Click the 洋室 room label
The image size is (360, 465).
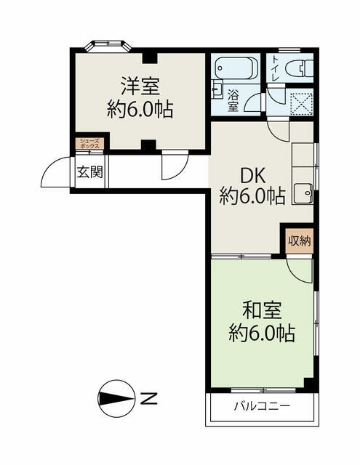(140, 86)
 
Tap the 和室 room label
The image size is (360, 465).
(262, 310)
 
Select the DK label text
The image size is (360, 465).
(252, 177)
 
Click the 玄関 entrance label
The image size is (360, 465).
(89, 171)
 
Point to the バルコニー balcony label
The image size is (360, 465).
(262, 405)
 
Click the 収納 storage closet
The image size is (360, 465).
(300, 240)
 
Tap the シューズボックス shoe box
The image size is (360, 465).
(89, 144)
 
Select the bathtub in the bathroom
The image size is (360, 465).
(236, 68)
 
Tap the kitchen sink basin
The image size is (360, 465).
(303, 193)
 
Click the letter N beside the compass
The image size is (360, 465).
(148, 399)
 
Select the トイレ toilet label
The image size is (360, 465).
(275, 69)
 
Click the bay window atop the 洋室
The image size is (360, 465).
(108, 46)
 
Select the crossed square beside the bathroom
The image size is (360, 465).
(301, 104)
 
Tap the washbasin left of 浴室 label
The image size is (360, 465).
(217, 89)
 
